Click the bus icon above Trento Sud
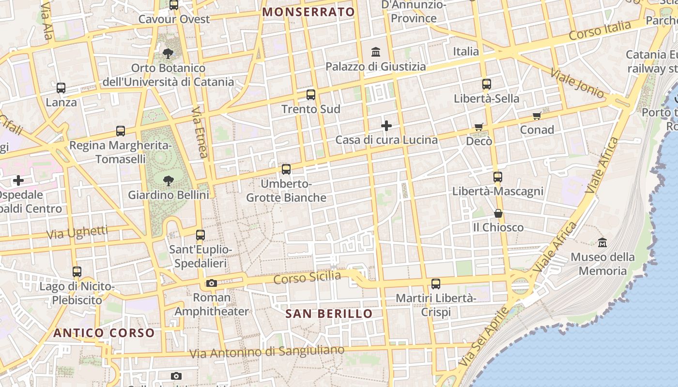pos(311,95)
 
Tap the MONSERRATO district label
pos(309,12)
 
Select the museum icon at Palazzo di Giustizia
pos(376,52)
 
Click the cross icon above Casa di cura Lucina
pos(386,126)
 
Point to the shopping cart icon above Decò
pos(479,127)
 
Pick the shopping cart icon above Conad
pos(537,116)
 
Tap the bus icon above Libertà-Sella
pos(487,84)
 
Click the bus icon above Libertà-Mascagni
pos(498,177)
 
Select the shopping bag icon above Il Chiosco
pos(498,213)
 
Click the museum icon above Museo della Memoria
pos(602,242)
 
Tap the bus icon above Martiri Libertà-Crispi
pos(436,284)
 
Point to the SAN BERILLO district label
pos(329,313)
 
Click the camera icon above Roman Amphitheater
pos(212,283)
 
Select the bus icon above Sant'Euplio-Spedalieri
pos(200,236)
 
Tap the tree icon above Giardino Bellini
pos(169,181)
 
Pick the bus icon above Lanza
pos(61,88)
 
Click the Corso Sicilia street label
pos(307,278)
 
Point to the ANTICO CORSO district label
pos(104,333)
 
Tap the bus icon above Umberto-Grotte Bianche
pos(286,169)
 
